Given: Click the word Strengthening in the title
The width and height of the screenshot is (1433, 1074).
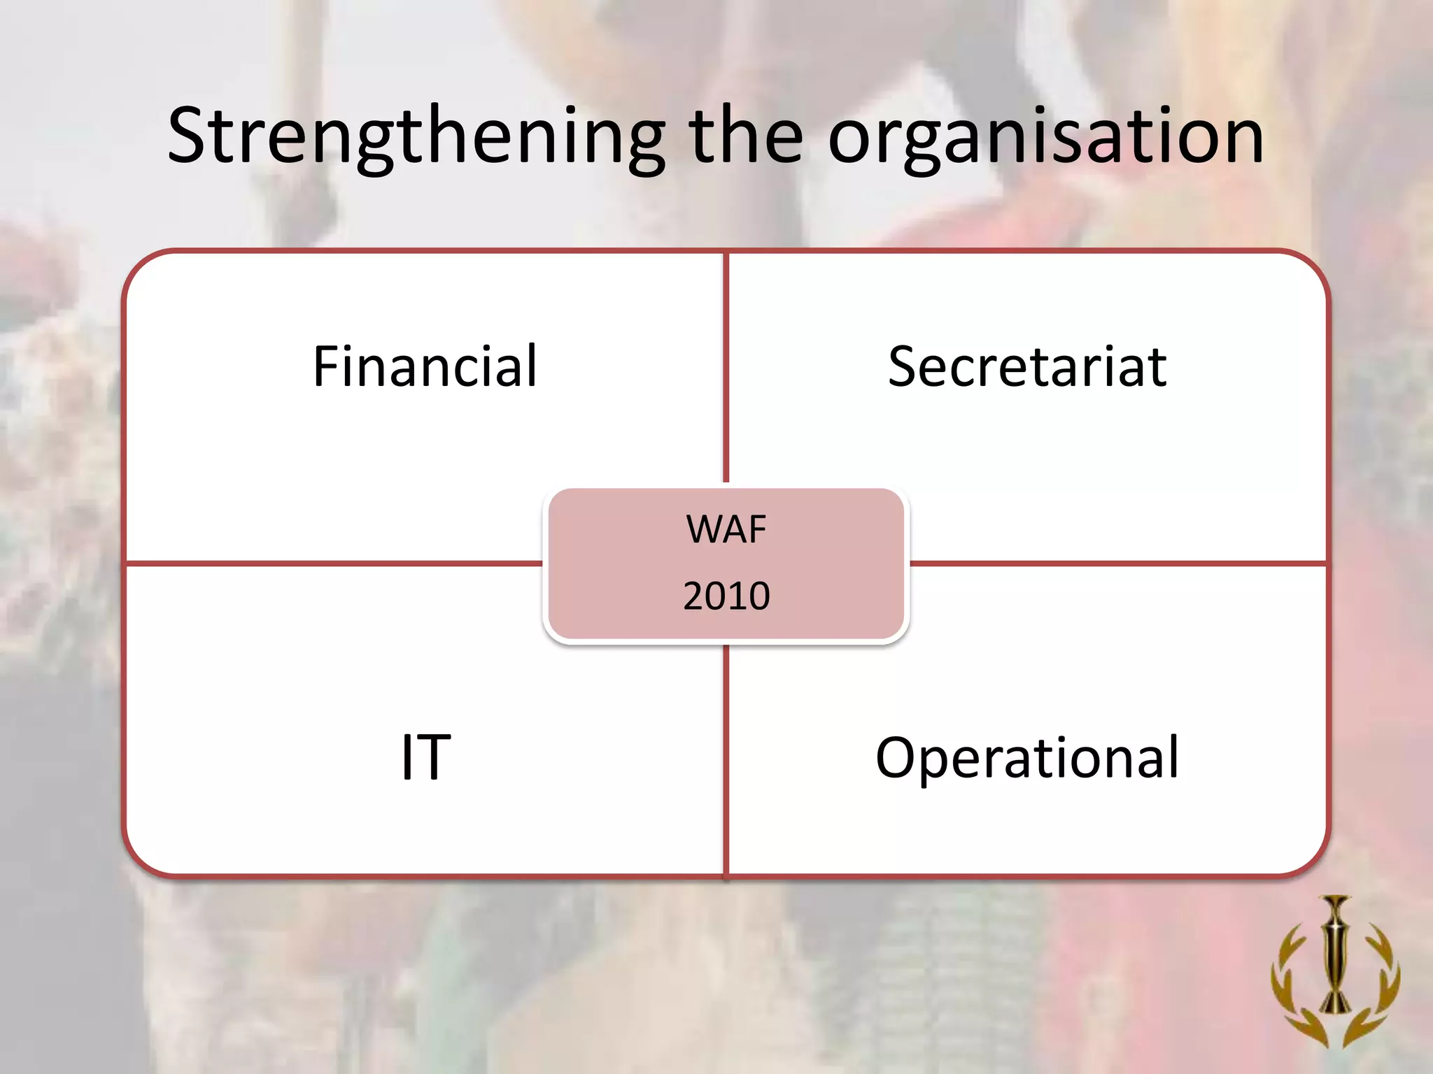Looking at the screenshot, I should [416, 136].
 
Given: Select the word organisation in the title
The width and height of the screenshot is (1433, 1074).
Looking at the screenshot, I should [1045, 136].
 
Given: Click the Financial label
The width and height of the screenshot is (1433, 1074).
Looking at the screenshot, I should [425, 366].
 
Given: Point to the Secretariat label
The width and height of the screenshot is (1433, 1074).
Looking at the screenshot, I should [1027, 366].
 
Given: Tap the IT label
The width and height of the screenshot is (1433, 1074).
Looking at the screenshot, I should [425, 757].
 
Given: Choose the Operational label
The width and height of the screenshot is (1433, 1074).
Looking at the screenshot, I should [1027, 757].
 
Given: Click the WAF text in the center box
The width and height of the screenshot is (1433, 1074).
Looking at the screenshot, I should [726, 529].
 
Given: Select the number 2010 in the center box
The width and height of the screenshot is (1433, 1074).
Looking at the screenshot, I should [726, 596].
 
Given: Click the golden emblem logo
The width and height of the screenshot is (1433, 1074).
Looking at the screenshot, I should [1335, 972].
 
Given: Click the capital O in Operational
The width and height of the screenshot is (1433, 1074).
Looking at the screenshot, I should [898, 757].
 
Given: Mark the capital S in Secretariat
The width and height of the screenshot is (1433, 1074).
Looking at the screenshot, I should [904, 366].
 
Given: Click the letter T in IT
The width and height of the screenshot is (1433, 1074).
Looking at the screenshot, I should [434, 757].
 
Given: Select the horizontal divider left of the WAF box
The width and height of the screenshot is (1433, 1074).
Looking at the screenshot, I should [332, 563].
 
